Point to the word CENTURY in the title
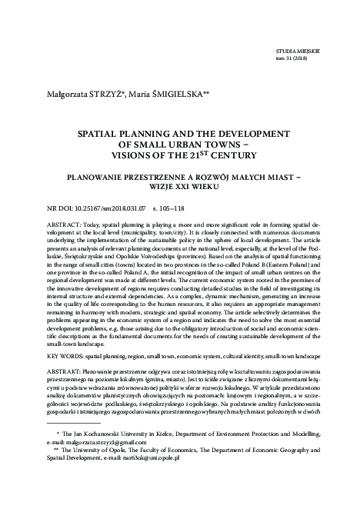tap(225, 154)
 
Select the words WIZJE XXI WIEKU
tap(179, 185)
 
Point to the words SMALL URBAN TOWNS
tap(185, 143)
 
